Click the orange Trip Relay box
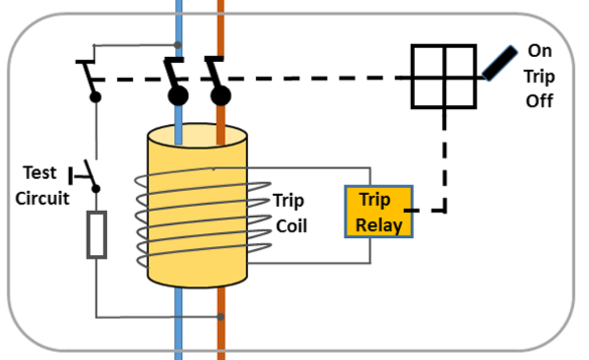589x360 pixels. [379, 212]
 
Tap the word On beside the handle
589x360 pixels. [539, 51]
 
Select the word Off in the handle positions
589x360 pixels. [539, 101]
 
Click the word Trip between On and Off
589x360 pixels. [539, 76]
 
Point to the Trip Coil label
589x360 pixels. [290, 213]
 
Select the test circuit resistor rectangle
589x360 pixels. [96, 234]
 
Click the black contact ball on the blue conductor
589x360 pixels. [178, 96]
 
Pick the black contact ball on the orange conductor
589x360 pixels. [221, 96]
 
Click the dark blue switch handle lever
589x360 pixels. [499, 62]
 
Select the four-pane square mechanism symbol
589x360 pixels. [444, 76]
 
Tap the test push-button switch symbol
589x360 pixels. [86, 173]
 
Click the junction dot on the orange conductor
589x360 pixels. [221, 317]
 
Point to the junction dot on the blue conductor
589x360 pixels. [178, 45]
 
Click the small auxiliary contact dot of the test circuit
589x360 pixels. [96, 98]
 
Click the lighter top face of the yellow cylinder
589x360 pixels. [197, 136]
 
